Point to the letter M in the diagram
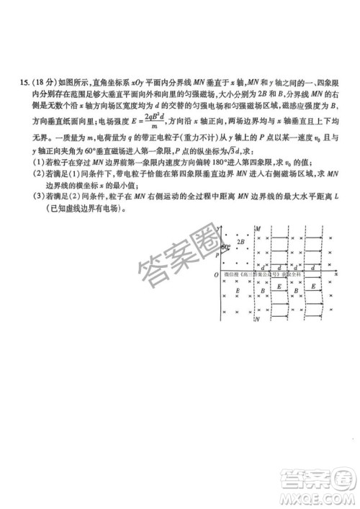pos(258,230)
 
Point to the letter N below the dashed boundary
pos(258,319)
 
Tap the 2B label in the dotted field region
pos(241,243)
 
